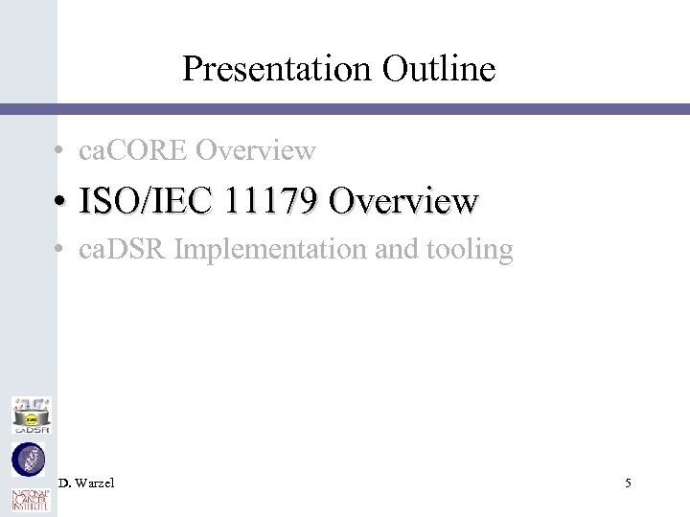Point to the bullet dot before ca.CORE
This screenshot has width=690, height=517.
(59, 151)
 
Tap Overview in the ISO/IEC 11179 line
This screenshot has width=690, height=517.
(402, 201)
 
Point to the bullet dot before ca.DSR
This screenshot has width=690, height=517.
(59, 251)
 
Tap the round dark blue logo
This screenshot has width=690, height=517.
(28, 461)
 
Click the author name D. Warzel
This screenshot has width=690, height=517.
(85, 483)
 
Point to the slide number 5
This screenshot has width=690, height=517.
(628, 483)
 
